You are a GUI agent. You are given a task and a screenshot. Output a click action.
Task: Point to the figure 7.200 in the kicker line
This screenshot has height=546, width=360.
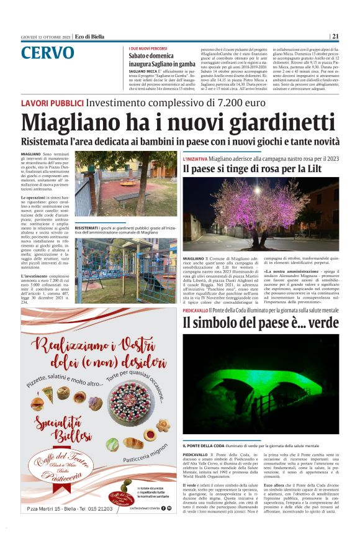(x=236, y=102)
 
